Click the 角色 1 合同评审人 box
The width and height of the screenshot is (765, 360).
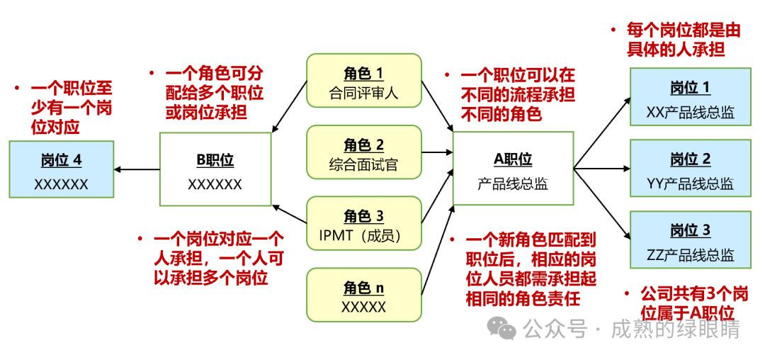[x=364, y=81]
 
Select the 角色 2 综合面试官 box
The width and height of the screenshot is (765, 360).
[x=364, y=152]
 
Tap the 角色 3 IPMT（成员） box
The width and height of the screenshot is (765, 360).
[x=364, y=223]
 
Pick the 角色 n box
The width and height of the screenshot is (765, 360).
[x=364, y=295]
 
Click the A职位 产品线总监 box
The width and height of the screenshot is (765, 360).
[x=513, y=168]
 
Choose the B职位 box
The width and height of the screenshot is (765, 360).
[x=215, y=169]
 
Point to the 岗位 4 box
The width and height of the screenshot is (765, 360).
[x=62, y=169]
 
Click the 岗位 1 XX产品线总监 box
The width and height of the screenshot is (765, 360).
[x=691, y=96]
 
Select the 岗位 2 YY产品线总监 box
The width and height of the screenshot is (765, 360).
[x=691, y=168]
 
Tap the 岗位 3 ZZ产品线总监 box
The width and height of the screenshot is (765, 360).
[x=691, y=240]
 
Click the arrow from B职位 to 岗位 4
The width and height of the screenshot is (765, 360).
[x=137, y=169]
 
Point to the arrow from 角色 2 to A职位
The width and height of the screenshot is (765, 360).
[x=437, y=152]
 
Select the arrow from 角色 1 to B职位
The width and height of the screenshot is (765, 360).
[x=289, y=106]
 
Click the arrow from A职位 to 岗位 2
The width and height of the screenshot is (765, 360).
[x=601, y=169]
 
